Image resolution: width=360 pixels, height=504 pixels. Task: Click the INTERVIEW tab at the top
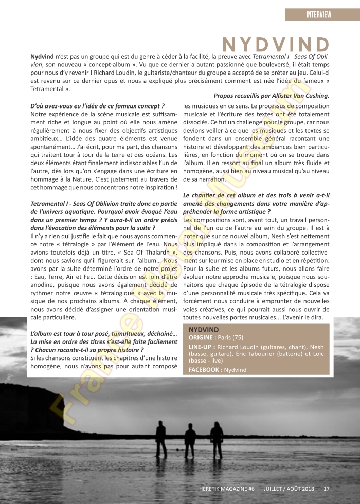pyautogui.click(x=322, y=14)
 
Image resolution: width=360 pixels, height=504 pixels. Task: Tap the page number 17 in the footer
pyautogui.click(x=326, y=488)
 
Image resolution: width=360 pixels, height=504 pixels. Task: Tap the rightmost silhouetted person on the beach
pyautogui.click(x=217, y=437)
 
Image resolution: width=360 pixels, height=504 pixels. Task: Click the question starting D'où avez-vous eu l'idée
pyautogui.click(x=98, y=106)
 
